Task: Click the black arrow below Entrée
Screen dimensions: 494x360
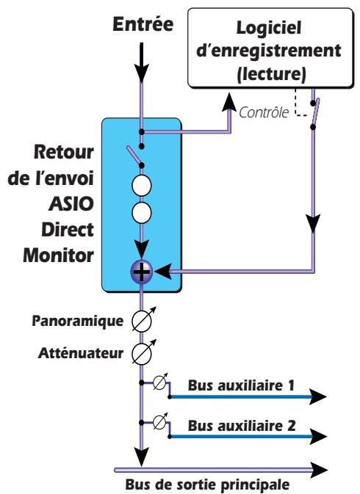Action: [x=140, y=66]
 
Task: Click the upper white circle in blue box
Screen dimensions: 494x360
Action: [x=140, y=183]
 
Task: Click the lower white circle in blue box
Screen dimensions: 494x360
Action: [x=140, y=214]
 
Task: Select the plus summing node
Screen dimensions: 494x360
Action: [x=140, y=271]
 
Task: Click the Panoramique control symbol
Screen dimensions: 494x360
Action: [x=140, y=321]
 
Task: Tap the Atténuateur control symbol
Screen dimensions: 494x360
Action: [x=140, y=352]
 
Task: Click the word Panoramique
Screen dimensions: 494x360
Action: [x=79, y=321]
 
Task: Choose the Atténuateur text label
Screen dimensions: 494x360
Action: [x=82, y=352]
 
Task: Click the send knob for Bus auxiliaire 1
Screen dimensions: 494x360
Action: [x=158, y=383]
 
